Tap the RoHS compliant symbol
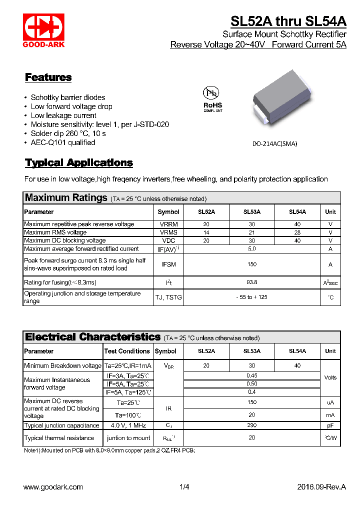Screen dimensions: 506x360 212,99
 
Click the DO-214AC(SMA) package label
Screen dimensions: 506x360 274,143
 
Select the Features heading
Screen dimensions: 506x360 48,77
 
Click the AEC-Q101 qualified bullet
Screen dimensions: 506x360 63,142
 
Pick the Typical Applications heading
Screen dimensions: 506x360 79,163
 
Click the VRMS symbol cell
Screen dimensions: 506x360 168,232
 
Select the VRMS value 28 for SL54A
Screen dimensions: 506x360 297,232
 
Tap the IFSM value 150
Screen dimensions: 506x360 252,264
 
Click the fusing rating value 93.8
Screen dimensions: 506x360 252,282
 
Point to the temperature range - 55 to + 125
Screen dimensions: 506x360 252,297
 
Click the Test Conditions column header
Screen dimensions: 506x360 127,351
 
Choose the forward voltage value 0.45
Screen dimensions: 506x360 252,375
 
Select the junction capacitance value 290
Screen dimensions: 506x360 252,425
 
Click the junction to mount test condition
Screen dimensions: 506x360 128,438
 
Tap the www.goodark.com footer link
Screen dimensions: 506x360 53,487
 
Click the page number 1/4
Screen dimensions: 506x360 184,487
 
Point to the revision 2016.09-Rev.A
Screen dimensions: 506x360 321,487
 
